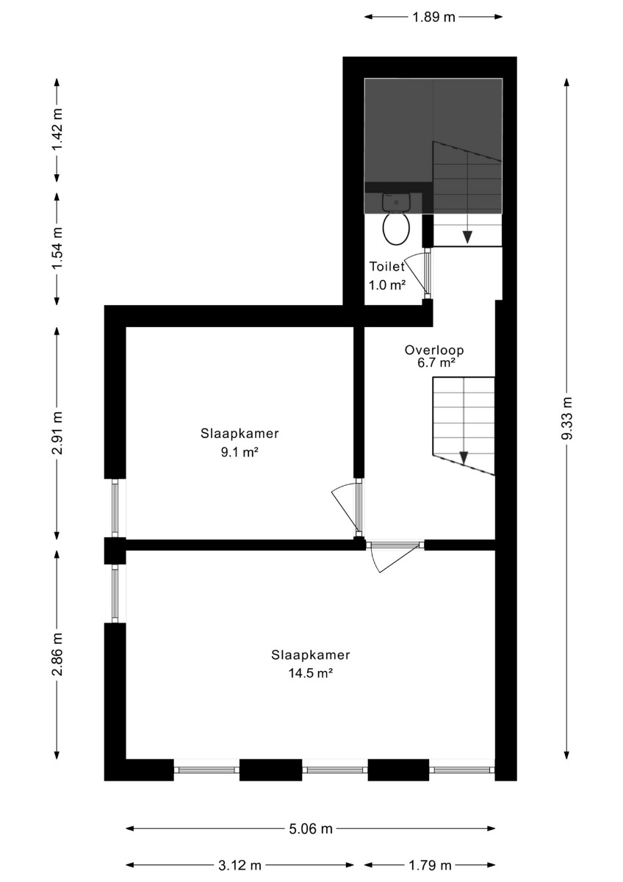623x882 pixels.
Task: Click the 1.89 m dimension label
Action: coord(433,18)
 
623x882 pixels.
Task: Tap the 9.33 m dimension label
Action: coord(566,417)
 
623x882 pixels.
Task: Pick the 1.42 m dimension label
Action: coord(57,129)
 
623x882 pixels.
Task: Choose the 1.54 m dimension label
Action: coord(57,249)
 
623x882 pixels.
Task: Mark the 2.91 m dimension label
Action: coord(57,432)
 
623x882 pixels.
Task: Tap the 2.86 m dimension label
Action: coord(57,654)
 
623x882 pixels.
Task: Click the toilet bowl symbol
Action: coord(396,229)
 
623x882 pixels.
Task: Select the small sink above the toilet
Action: coord(396,202)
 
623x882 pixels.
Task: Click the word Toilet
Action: coord(387,267)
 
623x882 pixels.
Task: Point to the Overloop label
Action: coord(434,350)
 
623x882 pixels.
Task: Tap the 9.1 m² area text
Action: coord(240,453)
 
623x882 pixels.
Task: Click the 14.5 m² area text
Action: coord(311,673)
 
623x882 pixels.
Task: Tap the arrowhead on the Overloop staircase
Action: coord(464,458)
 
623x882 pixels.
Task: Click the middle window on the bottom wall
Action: coord(335,770)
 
